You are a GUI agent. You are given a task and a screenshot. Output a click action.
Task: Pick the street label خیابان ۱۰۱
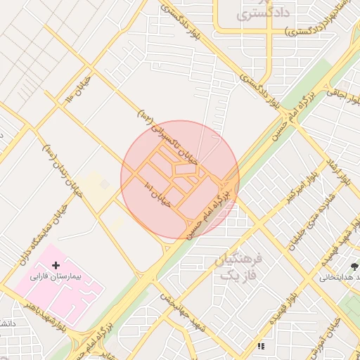point(157,191)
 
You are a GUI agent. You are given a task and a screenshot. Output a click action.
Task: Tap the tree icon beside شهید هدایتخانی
point(354,266)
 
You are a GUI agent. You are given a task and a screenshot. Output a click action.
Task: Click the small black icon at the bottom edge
point(261,346)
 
